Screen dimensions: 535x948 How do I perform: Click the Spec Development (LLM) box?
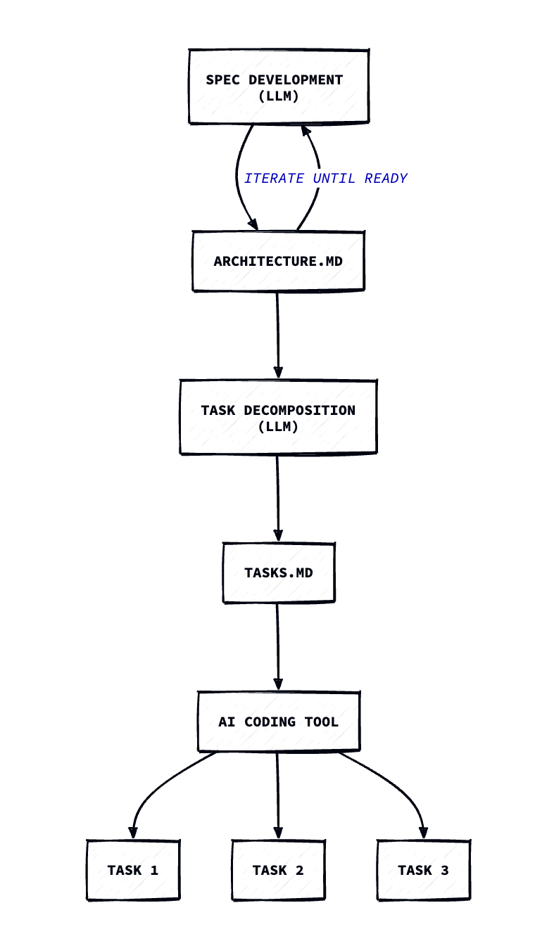point(279,87)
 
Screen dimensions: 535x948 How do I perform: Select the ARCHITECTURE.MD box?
point(278,261)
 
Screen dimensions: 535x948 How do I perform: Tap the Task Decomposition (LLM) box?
point(278,417)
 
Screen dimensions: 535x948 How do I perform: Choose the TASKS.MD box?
point(279,572)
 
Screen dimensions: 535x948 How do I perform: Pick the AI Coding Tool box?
point(279,722)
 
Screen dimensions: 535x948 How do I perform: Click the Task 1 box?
point(133,870)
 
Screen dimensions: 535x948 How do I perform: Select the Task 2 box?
point(278,870)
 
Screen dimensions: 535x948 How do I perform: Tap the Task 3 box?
point(424,870)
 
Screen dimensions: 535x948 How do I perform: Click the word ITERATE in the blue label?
point(274,178)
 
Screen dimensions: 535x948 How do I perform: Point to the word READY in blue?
point(386,178)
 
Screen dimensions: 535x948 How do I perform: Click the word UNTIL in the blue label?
point(334,178)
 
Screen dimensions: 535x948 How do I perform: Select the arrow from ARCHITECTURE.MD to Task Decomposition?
point(278,335)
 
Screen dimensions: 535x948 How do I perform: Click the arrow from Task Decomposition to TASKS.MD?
point(278,498)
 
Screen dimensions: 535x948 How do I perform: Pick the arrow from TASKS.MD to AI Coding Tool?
point(278,647)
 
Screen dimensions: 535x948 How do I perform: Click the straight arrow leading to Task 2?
point(278,795)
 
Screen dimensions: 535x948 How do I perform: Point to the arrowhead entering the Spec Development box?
point(306,131)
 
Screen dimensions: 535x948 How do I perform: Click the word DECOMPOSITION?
point(299,410)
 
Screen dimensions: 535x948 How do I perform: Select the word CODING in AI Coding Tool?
point(270,722)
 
